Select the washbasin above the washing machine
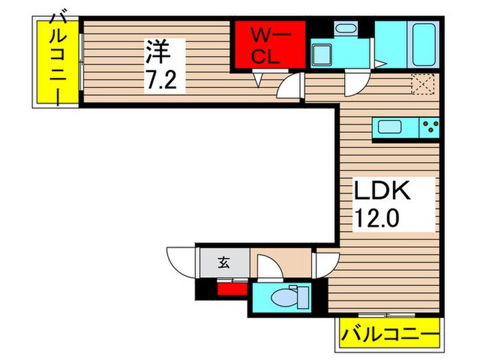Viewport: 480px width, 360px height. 346,28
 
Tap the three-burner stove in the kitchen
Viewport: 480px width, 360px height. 431,126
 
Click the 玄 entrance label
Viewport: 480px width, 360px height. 224,261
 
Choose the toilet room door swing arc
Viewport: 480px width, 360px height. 268,269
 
